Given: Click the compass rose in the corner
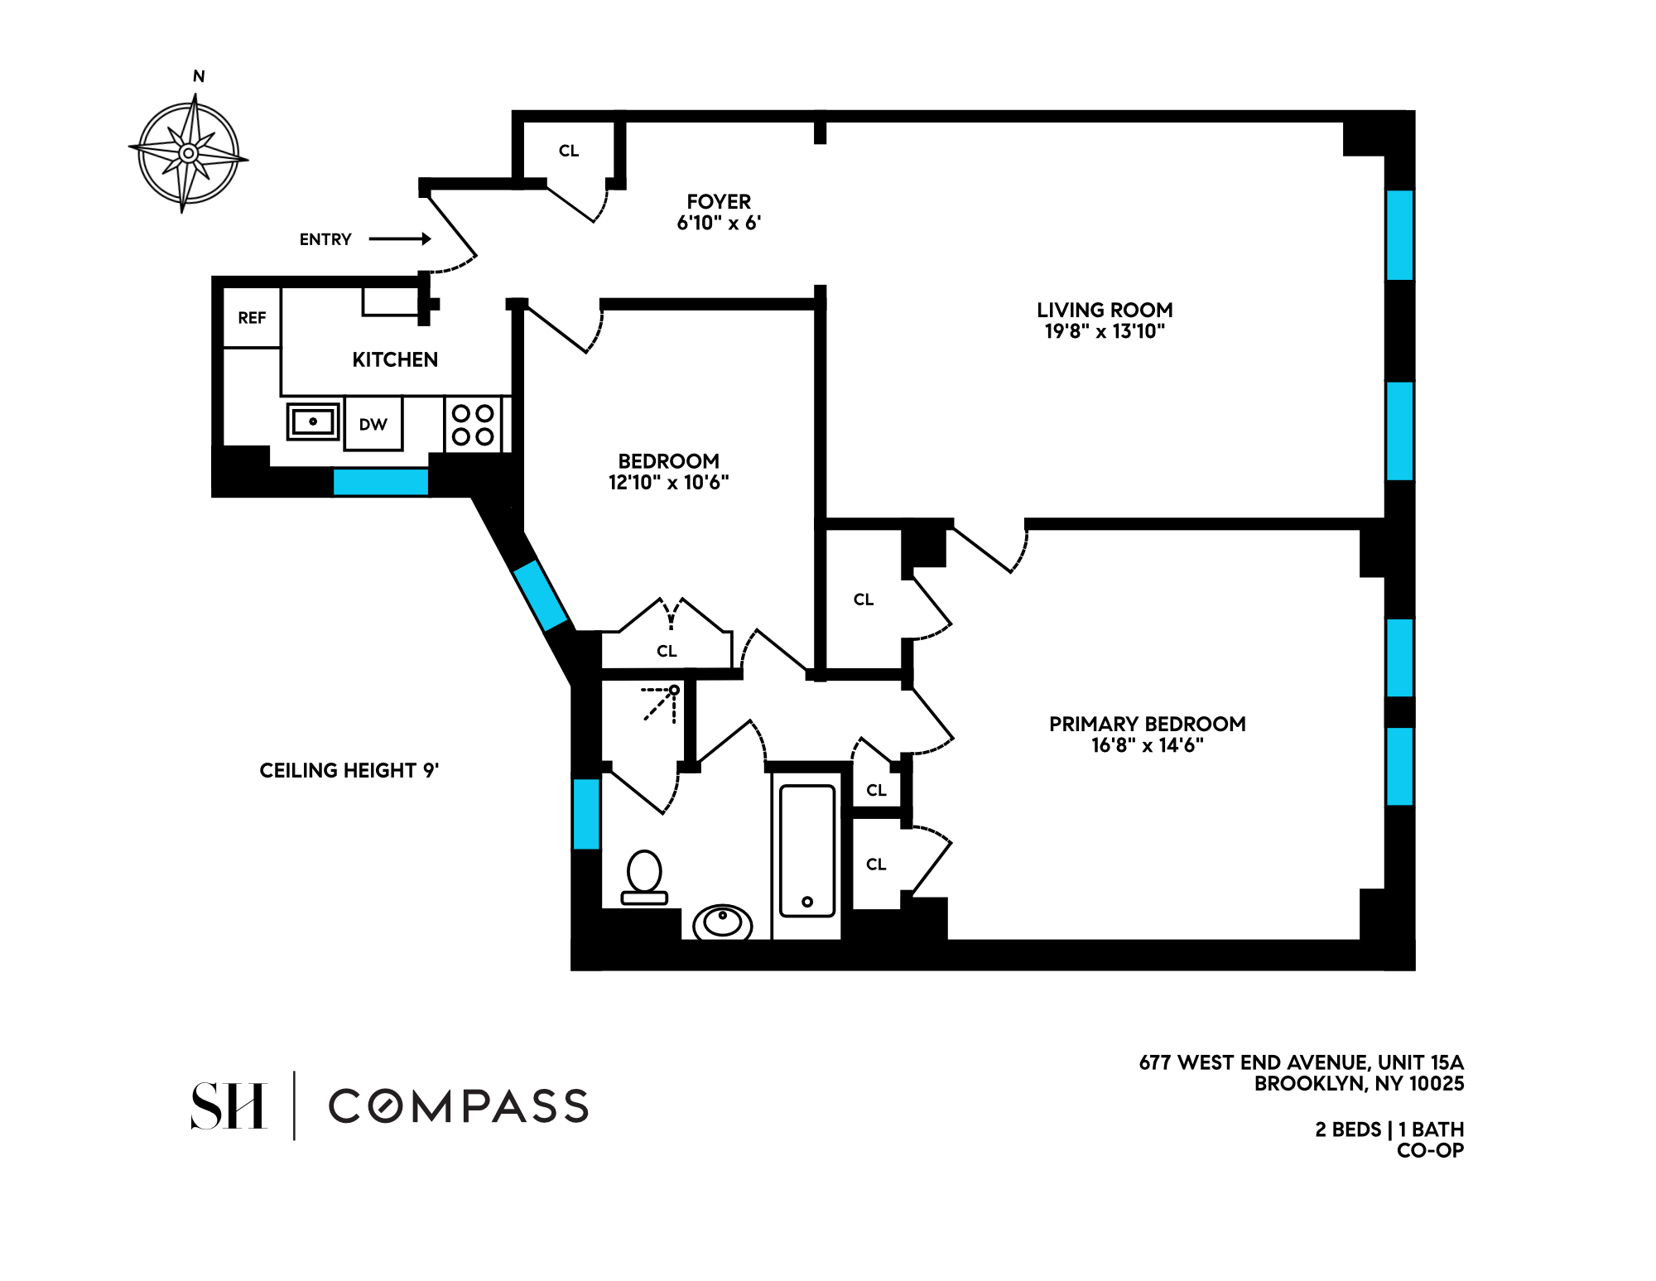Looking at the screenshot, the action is tap(189, 153).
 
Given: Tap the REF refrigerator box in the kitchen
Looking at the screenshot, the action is tap(252, 317).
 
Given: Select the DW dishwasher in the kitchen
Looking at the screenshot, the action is tap(373, 424).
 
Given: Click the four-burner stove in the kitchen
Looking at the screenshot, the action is tap(473, 424).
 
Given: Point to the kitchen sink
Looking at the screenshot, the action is tap(313, 421).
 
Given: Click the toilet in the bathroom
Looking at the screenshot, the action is tap(644, 878).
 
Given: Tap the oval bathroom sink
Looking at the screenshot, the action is tap(723, 922).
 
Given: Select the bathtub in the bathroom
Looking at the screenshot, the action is tap(807, 851).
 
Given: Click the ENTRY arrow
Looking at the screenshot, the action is tap(400, 239).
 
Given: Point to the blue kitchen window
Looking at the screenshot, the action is tap(381, 482).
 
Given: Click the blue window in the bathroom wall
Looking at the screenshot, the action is tap(586, 814).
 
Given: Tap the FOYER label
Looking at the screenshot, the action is tap(719, 202).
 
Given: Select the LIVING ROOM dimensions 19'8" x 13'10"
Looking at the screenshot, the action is tap(1105, 331).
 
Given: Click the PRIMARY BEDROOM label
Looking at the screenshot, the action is tap(1148, 724).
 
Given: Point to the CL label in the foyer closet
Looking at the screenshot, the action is tap(569, 151).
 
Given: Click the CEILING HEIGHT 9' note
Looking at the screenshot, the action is tap(349, 771).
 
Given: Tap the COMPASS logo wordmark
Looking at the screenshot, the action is tap(459, 1106).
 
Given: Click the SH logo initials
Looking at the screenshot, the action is tap(229, 1105).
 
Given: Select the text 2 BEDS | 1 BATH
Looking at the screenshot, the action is tap(1389, 1129).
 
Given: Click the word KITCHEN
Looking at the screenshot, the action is tap(395, 359).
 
